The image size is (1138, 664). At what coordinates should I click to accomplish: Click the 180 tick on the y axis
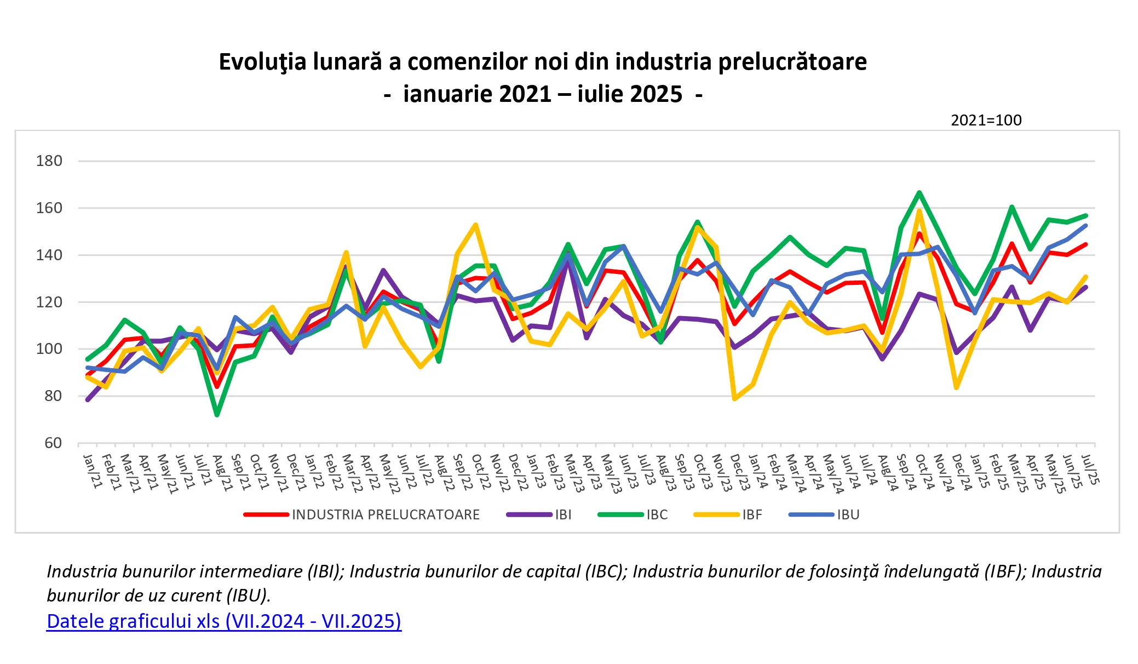(x=49, y=161)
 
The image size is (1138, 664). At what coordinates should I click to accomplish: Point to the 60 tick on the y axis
(x=53, y=443)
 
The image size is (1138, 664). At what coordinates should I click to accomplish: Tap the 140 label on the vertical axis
(x=49, y=255)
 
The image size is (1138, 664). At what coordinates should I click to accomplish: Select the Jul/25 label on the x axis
(x=1091, y=470)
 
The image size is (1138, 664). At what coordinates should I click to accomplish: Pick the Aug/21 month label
(x=222, y=472)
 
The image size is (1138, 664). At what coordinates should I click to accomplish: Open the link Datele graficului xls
(x=223, y=621)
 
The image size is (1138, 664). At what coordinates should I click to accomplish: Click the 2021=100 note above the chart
(x=986, y=120)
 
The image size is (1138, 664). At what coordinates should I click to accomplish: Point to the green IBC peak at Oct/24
(x=919, y=192)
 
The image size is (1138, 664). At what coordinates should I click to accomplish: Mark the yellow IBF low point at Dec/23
(x=734, y=399)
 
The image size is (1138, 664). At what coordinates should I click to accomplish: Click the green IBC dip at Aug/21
(x=217, y=415)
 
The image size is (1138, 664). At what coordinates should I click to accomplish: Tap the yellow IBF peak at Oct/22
(x=476, y=225)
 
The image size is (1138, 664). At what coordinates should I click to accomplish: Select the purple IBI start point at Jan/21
(x=88, y=400)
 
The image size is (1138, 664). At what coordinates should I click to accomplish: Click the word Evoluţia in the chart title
(x=262, y=61)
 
